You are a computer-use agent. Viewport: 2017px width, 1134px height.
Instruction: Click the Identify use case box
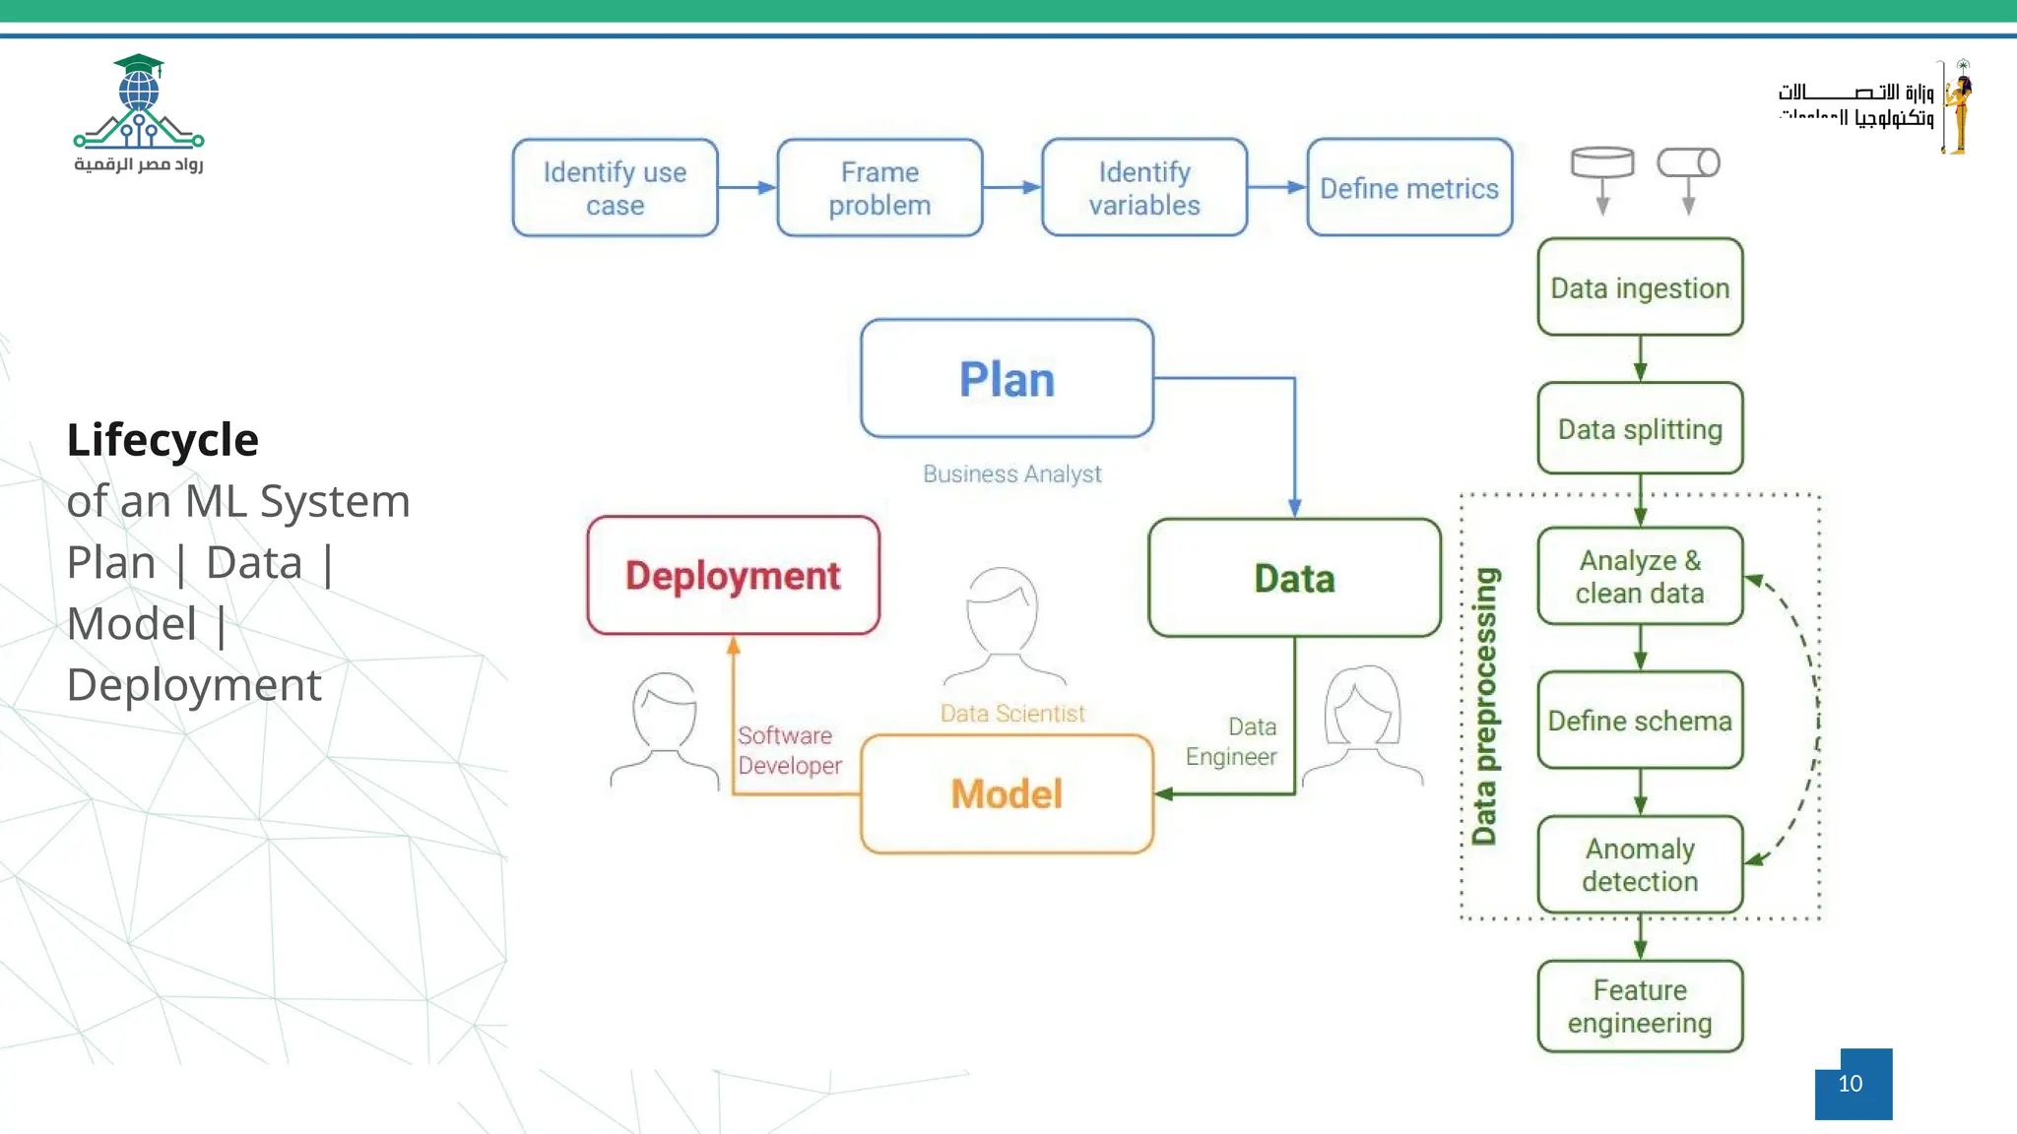[x=615, y=188]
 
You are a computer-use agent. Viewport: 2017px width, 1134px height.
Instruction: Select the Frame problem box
[x=879, y=188]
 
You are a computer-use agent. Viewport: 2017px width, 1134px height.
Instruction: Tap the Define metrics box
[x=1409, y=188]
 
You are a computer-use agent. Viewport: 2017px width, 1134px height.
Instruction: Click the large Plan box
[x=1007, y=379]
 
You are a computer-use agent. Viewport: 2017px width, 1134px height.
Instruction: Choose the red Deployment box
[x=733, y=576]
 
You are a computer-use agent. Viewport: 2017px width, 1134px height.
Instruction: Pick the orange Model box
[x=1007, y=794]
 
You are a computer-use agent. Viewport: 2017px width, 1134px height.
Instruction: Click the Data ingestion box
[x=1640, y=287]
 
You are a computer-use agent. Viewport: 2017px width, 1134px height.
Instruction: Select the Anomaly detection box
[x=1640, y=864]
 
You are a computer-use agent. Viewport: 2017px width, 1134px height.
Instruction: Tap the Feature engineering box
[x=1640, y=1006]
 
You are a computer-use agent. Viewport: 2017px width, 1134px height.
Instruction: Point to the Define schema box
[x=1640, y=721]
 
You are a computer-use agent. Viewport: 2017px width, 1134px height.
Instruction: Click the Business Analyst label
[x=1011, y=474]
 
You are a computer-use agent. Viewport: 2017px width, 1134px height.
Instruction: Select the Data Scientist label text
[x=1011, y=714]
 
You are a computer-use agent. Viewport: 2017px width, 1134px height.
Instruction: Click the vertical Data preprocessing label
[x=1484, y=706]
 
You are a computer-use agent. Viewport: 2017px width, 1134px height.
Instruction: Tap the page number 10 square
[x=1853, y=1084]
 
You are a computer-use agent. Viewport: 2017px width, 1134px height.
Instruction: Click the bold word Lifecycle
[x=163, y=440]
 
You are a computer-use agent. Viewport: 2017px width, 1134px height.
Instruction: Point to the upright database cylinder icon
[x=1602, y=162]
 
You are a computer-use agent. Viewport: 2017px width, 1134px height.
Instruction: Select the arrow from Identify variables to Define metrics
[x=1276, y=187]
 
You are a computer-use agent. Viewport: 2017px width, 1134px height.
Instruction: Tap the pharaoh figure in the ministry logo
[x=1959, y=106]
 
